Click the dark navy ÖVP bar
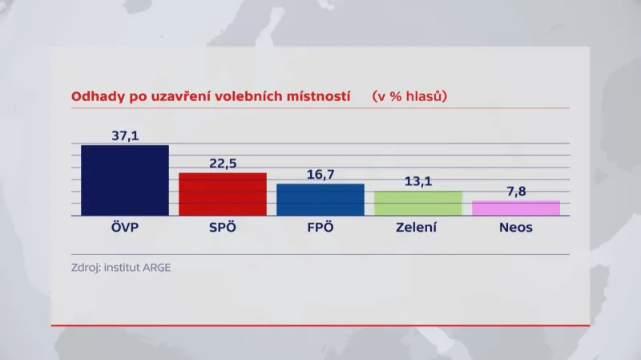pos(125,180)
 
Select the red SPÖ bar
pos(223,194)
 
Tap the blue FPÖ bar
pos(320,200)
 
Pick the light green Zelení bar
pos(418,204)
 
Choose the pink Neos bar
pos(516,208)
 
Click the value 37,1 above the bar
pos(125,136)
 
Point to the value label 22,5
pos(223,164)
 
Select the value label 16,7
pos(320,175)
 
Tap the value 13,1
pos(418,182)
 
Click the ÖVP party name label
pos(125,228)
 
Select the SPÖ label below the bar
pos(223,228)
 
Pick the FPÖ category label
pos(320,228)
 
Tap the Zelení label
pos(417,228)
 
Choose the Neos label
pos(515,228)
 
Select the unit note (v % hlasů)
pos(409,96)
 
